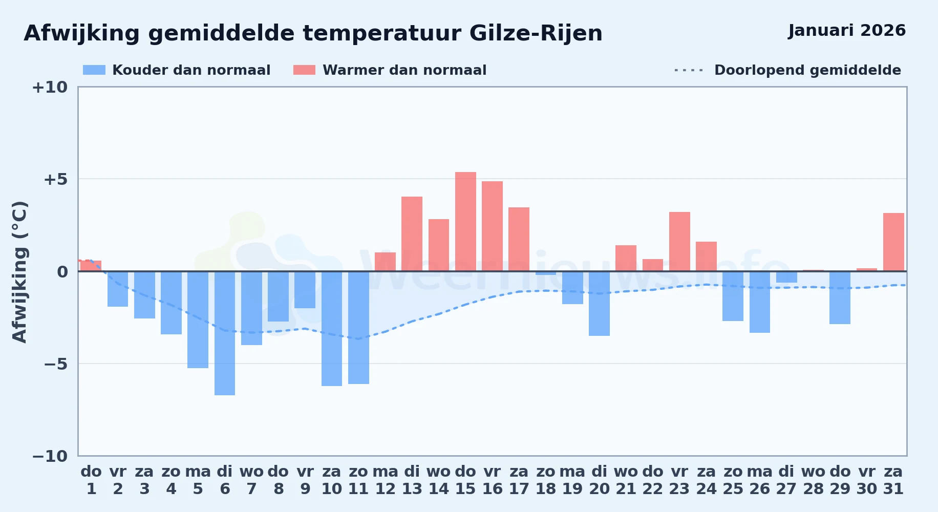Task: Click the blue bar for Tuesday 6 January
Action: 225,333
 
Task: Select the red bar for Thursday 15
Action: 465,222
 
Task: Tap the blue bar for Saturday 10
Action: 332,329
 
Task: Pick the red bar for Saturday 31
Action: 893,242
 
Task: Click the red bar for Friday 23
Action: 679,242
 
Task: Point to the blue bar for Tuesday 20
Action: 599,304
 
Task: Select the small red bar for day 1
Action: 91,266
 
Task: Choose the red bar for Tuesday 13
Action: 412,234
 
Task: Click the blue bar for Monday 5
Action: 198,319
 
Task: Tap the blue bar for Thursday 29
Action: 840,297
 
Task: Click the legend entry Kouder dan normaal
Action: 177,70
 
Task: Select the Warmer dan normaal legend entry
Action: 390,70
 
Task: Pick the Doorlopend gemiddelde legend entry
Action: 788,70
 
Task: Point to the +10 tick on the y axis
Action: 50,87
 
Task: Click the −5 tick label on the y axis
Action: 56,364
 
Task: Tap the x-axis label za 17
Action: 519,480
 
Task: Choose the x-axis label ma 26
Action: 759,480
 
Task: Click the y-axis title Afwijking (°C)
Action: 19,272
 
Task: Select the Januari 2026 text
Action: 847,31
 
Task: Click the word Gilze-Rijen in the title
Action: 536,34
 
